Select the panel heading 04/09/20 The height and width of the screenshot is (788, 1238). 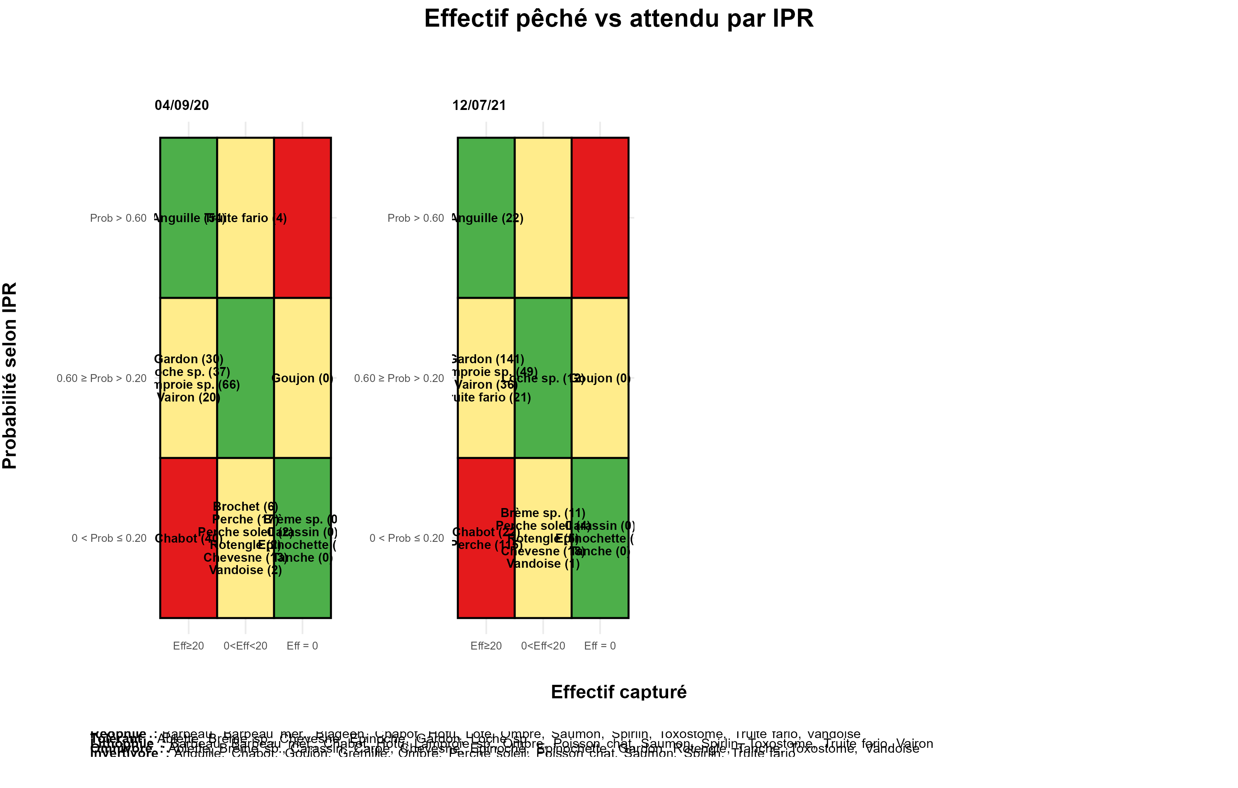[182, 105]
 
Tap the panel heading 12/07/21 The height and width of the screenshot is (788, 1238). [479, 105]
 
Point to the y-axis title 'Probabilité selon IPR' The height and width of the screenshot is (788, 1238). [10, 376]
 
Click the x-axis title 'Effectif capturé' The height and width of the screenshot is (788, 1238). [619, 692]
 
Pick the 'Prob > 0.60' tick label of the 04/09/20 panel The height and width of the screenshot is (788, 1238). [118, 218]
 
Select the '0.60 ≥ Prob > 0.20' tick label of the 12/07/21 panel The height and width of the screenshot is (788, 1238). [399, 379]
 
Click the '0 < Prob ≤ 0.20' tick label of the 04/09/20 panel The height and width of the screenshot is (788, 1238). [109, 538]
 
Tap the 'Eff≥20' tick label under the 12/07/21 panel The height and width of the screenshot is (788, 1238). [486, 646]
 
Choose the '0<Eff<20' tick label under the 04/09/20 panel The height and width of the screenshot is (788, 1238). [245, 646]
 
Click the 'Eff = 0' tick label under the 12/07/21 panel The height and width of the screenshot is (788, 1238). [599, 646]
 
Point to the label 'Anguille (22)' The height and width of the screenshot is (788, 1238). [487, 218]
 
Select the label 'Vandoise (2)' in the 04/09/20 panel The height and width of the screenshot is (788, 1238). [245, 570]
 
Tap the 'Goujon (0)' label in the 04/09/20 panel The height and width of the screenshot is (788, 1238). [302, 379]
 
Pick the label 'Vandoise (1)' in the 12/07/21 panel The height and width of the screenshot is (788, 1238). [543, 564]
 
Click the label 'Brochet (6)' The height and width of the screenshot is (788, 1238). [245, 507]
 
